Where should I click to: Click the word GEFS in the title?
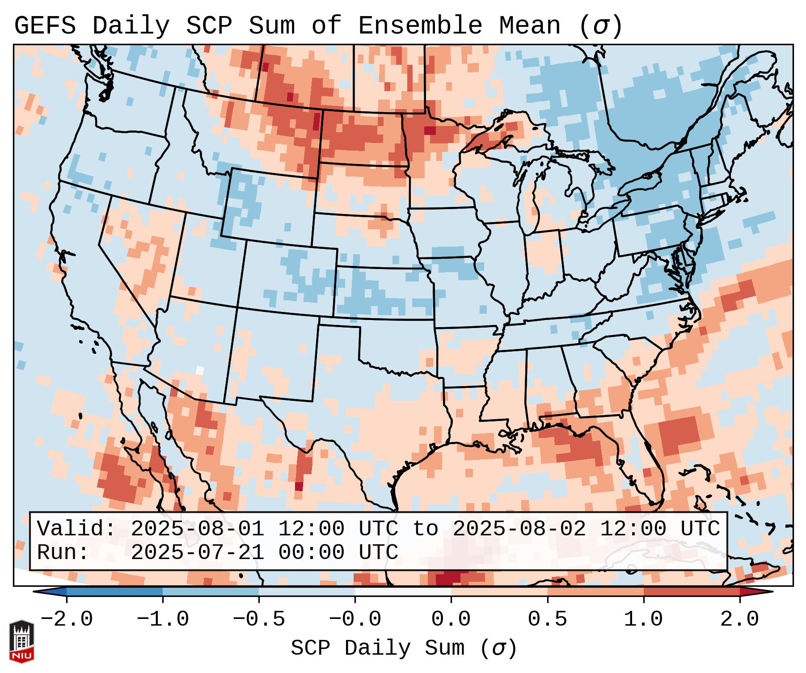(x=45, y=26)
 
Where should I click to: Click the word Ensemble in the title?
(x=420, y=26)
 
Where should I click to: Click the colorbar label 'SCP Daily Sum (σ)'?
(x=404, y=648)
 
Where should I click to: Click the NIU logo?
(x=21, y=641)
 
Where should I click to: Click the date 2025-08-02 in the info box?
(x=519, y=529)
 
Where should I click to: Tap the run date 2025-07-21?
(x=197, y=552)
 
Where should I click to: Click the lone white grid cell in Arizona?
(x=199, y=370)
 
